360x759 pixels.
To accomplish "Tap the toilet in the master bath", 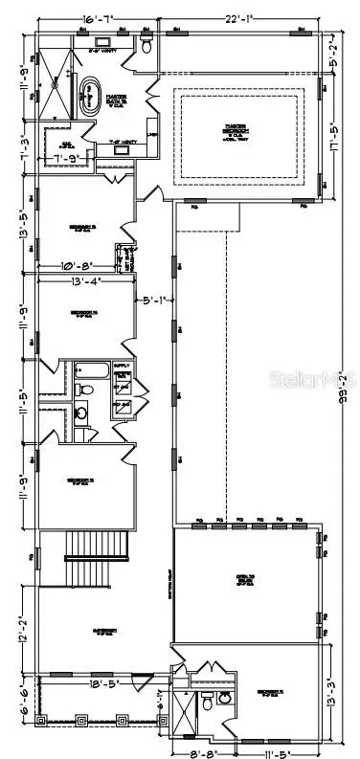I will click(x=146, y=46).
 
